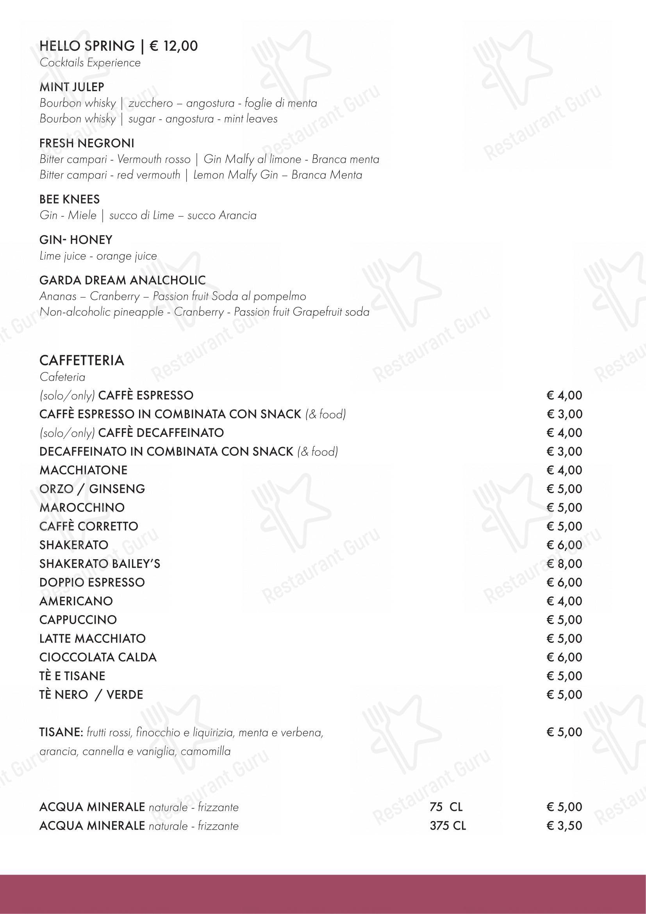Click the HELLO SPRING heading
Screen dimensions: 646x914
tap(87, 46)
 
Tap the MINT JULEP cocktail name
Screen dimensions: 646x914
tap(71, 87)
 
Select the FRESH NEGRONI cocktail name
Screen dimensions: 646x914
tap(87, 143)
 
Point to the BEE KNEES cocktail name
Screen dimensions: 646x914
tap(70, 199)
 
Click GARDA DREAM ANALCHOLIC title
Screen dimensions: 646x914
tap(123, 280)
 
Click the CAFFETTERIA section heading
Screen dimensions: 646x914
tap(82, 360)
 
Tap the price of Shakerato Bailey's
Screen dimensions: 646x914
tap(564, 564)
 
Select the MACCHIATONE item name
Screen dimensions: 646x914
tap(84, 470)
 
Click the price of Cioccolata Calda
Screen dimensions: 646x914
tap(564, 657)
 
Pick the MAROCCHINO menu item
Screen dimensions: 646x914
tap(82, 508)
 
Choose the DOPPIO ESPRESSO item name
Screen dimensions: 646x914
tap(92, 582)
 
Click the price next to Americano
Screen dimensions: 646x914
tap(564, 601)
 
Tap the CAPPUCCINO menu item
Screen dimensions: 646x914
tap(78, 620)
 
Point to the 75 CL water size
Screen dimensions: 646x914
tap(446, 807)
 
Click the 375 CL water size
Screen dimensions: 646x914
tap(448, 826)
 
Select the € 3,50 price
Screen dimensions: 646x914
tap(564, 826)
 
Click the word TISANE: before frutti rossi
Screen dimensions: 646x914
tap(61, 732)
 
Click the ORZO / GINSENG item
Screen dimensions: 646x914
tap(92, 489)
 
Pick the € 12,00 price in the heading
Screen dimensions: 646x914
tap(173, 46)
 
